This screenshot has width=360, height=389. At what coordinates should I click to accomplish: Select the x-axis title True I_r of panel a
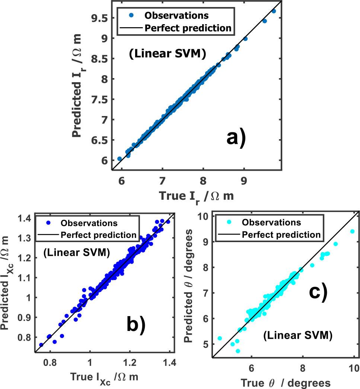[196, 196]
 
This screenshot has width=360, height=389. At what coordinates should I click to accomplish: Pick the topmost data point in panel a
[274, 11]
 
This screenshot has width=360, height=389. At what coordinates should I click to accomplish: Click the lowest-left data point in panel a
[120, 158]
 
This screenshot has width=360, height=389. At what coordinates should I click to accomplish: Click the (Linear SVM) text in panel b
[76, 253]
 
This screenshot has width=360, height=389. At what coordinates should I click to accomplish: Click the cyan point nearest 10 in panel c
[352, 231]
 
